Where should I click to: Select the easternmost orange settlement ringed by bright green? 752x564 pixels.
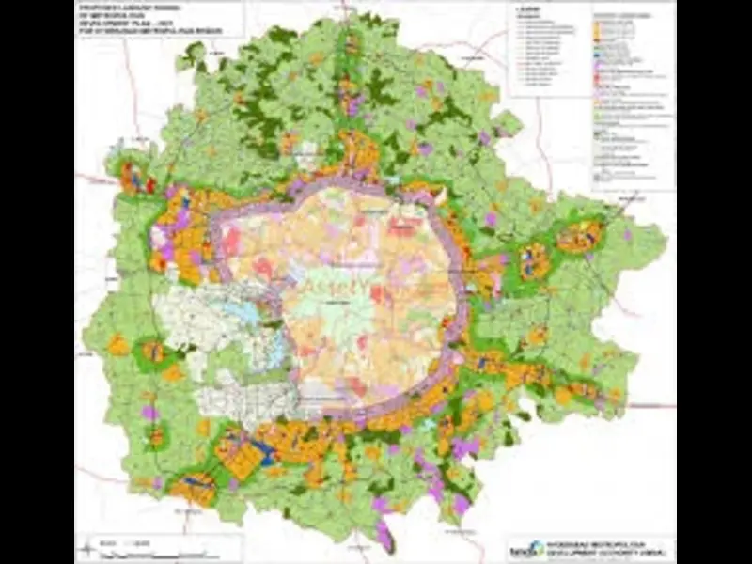[x=580, y=236]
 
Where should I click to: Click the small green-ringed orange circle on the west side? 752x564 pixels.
[x=153, y=353]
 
